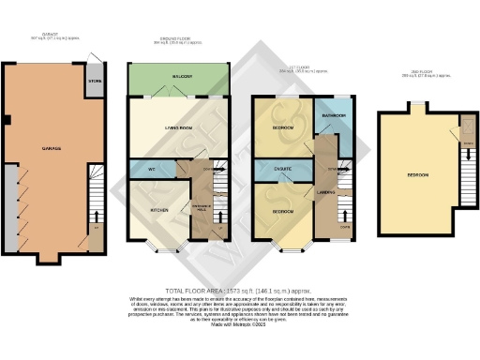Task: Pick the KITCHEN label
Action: point(158,210)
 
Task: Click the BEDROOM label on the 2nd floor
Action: point(418,175)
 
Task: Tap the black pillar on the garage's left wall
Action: point(7,120)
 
